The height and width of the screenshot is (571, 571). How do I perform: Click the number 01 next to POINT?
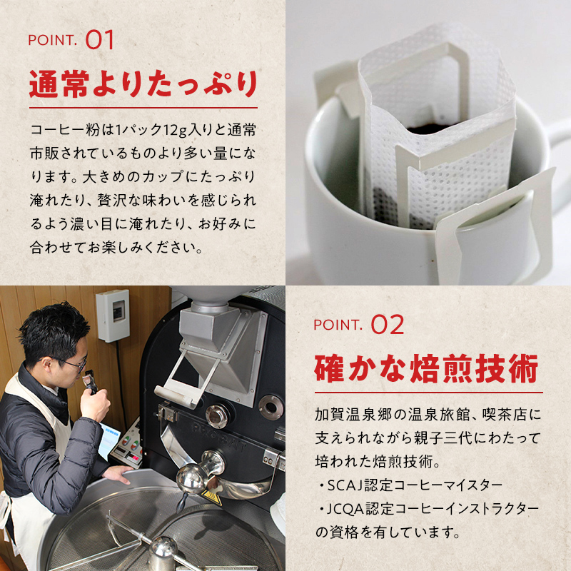coord(100,40)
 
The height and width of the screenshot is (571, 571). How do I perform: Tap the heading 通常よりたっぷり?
coord(143,84)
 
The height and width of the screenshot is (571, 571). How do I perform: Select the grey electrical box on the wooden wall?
coord(113,315)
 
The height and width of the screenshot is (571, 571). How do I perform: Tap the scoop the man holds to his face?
coord(91,382)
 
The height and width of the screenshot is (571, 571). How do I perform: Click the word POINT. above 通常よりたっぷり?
coord(52,41)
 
